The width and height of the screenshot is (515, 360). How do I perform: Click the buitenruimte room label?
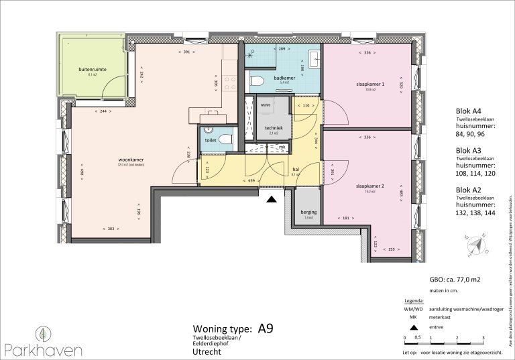coord(93,69)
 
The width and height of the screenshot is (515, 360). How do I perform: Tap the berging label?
coord(308,212)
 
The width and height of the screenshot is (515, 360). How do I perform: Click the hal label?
coord(296,170)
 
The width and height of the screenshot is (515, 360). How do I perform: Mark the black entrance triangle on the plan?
coord(271,199)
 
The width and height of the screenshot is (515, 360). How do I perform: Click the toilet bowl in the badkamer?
coord(256,82)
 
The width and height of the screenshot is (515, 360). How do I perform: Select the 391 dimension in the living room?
coord(188,52)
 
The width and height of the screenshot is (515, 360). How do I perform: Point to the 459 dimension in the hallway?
coord(233,181)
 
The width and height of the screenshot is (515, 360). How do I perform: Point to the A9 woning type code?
coord(266,328)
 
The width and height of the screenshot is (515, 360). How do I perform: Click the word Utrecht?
coord(206,351)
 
